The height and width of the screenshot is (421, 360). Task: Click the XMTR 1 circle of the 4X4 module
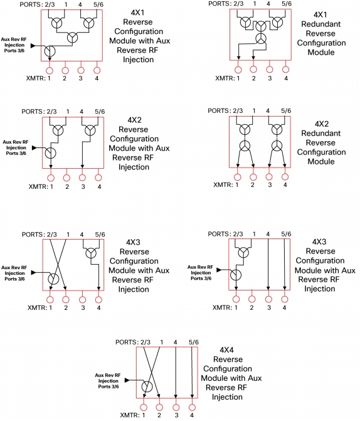[144, 407]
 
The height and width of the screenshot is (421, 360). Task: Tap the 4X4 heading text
[226, 350]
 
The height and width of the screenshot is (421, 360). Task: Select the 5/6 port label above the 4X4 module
[194, 342]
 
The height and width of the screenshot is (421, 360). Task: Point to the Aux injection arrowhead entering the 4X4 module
[127, 380]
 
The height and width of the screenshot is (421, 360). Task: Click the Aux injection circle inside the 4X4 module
[147, 387]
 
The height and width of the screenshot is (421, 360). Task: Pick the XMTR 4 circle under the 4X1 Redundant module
[285, 70]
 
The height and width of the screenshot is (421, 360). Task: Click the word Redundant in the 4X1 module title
[321, 24]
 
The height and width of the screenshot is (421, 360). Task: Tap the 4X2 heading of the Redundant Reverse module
[322, 124]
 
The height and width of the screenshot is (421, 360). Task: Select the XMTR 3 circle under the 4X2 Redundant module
[269, 177]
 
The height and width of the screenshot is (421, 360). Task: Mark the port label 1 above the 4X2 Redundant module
[254, 110]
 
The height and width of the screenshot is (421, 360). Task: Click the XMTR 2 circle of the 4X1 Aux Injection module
[65, 71]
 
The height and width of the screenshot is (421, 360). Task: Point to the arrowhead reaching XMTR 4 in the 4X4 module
[192, 396]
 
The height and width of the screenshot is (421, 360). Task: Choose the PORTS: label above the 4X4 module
[127, 342]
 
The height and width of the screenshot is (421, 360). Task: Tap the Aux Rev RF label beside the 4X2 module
[16, 142]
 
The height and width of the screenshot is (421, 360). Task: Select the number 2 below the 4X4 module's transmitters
[159, 415]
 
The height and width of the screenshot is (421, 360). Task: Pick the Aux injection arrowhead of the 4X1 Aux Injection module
[33, 46]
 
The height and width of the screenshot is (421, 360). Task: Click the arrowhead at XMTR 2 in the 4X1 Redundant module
[253, 58]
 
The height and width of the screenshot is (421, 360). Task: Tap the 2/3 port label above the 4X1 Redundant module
[238, 4]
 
